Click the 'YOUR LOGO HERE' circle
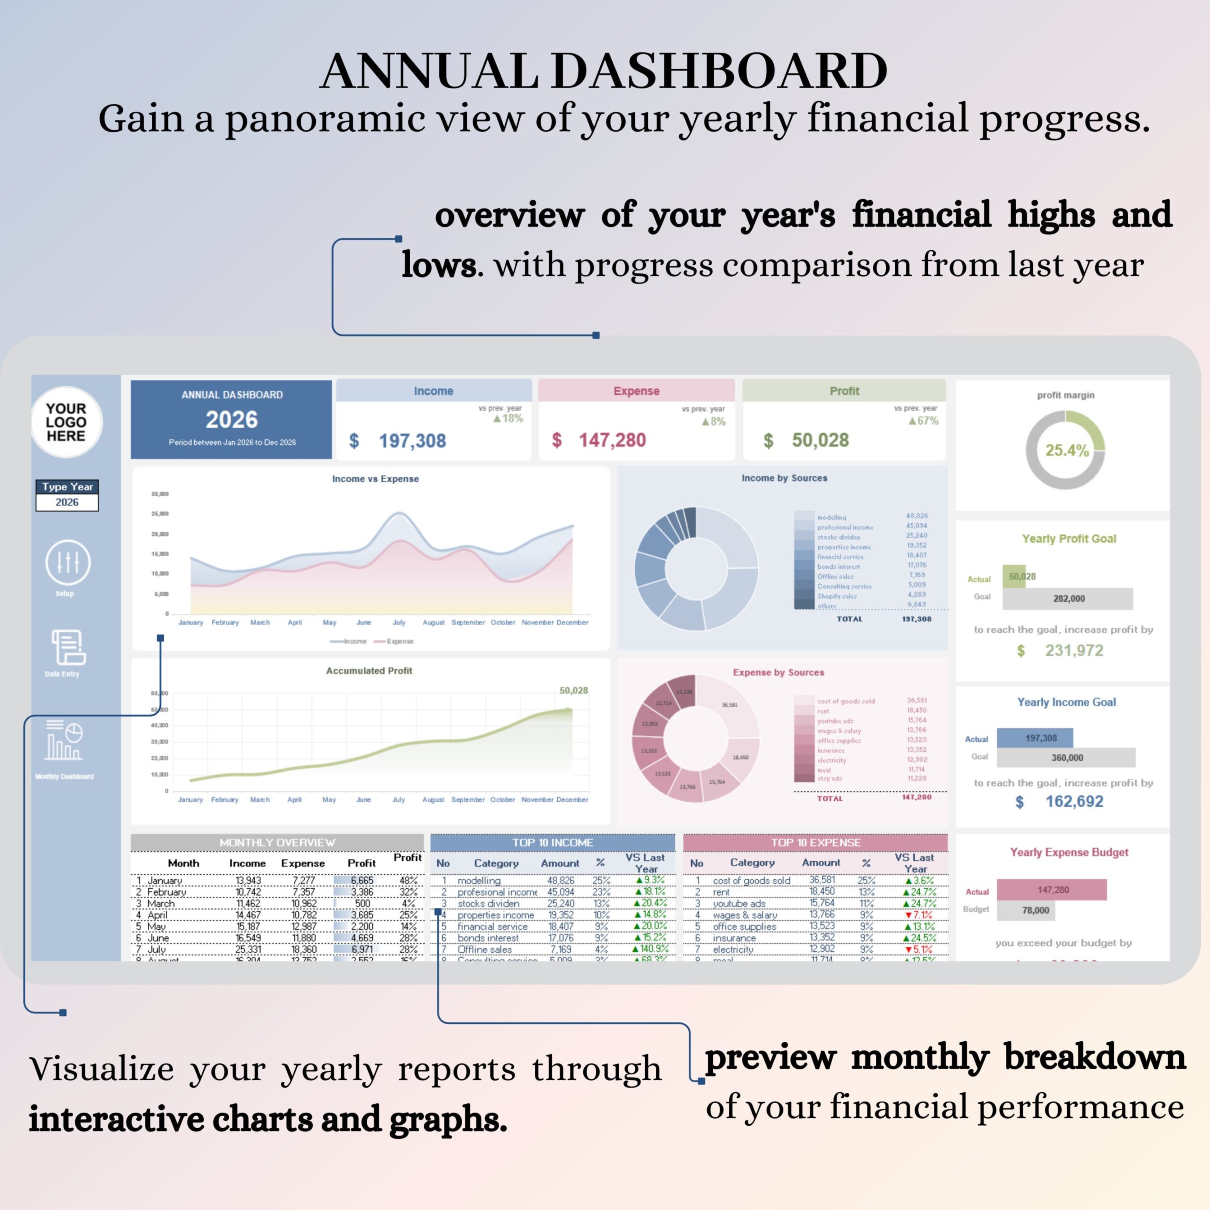pos(66,422)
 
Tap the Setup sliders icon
pos(68,562)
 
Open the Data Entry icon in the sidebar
pos(68,647)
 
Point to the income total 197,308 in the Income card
pos(412,441)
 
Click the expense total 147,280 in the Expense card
pos(612,441)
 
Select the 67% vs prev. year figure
pos(927,421)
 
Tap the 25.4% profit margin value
pos(1067,450)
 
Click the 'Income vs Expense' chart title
pos(375,478)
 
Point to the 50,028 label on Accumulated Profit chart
pos(573,690)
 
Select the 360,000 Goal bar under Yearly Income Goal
pos(1067,758)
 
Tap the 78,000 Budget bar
pos(1035,910)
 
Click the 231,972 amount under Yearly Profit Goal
pos(1073,651)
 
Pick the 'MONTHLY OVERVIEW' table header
pos(277,842)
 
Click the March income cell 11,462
pos(248,904)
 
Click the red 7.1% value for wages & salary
pos(923,915)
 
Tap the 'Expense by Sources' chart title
pos(778,672)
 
